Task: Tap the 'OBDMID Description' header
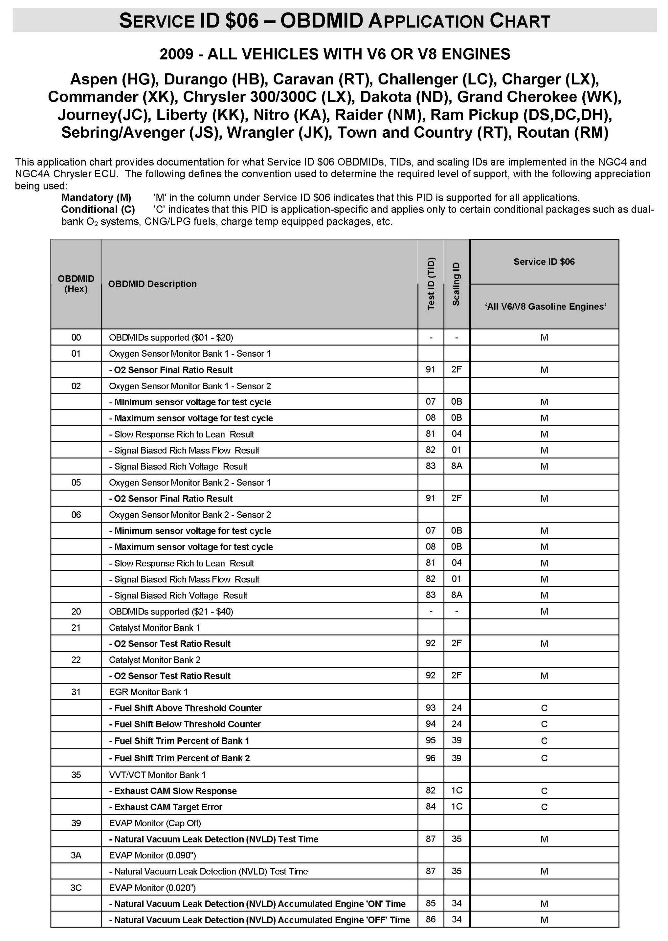pyautogui.click(x=152, y=284)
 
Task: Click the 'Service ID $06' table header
pyautogui.click(x=544, y=262)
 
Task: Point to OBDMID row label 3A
pyautogui.click(x=76, y=855)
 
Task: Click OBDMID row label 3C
pyautogui.click(x=76, y=888)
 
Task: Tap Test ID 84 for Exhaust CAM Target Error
pyautogui.click(x=431, y=806)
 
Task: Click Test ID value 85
pyautogui.click(x=431, y=903)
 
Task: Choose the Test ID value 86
pyautogui.click(x=431, y=919)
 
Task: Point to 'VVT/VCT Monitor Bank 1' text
pyautogui.click(x=157, y=775)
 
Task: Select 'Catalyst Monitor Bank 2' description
pyautogui.click(x=155, y=660)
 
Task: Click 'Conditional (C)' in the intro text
pyautogui.click(x=98, y=209)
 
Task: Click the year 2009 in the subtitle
pyautogui.click(x=176, y=54)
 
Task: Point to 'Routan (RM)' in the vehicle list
pyautogui.click(x=562, y=132)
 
